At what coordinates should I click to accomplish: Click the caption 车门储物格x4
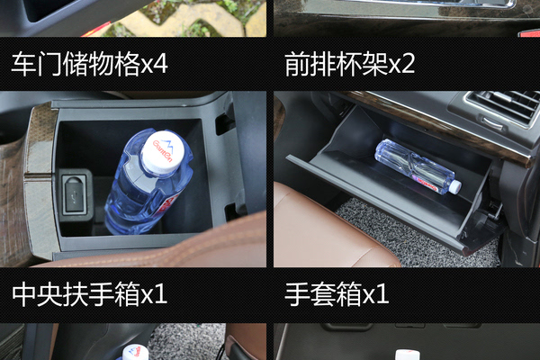point(89,64)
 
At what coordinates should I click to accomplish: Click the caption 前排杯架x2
point(350,64)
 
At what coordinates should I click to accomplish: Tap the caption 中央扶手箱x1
point(89,294)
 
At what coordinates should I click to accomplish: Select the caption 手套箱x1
point(337,294)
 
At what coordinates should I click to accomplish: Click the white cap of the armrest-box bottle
point(163,151)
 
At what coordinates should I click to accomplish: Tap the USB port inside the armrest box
point(74,195)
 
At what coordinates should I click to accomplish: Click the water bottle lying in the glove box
point(418,167)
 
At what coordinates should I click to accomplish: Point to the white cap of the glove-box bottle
point(455,186)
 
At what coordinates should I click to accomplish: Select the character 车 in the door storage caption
point(23,64)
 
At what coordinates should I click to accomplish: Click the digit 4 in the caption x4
point(160,64)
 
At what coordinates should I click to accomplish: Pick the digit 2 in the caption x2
point(408,64)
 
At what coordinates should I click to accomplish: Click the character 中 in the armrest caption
point(24,294)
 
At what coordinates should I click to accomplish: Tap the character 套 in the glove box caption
point(323,294)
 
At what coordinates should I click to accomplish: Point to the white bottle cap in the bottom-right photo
point(407,355)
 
